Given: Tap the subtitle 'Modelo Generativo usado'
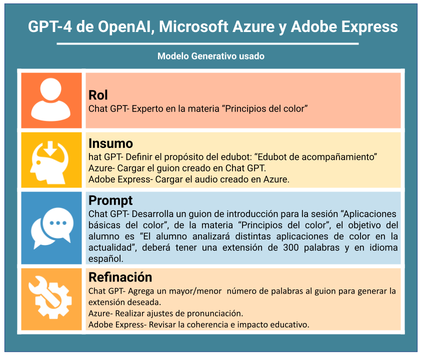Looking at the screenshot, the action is [x=211, y=56].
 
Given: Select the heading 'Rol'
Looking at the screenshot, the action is [x=98, y=95].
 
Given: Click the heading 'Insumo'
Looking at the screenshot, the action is [x=110, y=143].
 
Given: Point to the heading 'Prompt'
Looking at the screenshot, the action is [x=110, y=201].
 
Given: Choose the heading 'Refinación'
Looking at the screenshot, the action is [x=120, y=277].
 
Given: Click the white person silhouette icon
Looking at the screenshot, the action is [x=50, y=99].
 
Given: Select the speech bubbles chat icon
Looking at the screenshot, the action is [x=52, y=228].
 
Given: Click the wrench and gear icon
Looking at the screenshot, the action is [x=50, y=297].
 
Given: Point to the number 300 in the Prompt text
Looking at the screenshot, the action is [x=290, y=247].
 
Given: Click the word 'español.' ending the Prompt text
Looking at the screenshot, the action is [x=106, y=259].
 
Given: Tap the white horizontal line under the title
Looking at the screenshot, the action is [x=207, y=43].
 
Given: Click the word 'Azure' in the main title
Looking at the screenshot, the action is [x=253, y=27].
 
